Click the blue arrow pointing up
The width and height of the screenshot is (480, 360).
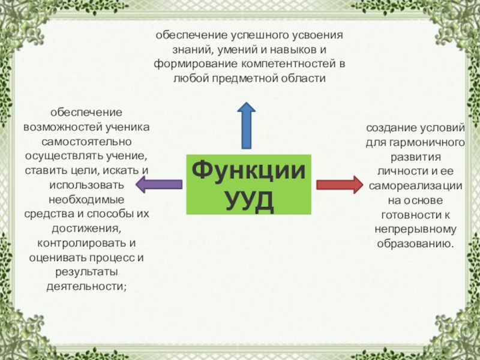(x=247, y=124)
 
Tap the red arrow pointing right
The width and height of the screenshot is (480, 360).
(x=339, y=184)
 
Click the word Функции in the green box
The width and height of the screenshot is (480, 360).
(x=248, y=169)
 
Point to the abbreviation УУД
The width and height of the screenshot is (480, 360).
(x=249, y=199)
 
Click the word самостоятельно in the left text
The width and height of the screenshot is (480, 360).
(x=86, y=142)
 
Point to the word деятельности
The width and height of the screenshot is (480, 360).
(x=85, y=286)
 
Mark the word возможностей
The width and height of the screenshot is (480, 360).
(x=58, y=128)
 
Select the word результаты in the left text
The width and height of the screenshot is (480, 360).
(x=86, y=272)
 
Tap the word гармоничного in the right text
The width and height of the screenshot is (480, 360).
(x=431, y=143)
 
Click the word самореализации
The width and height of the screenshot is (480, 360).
(x=416, y=186)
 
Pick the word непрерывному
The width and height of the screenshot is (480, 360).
(x=416, y=229)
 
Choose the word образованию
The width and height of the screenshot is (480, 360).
(x=415, y=244)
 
